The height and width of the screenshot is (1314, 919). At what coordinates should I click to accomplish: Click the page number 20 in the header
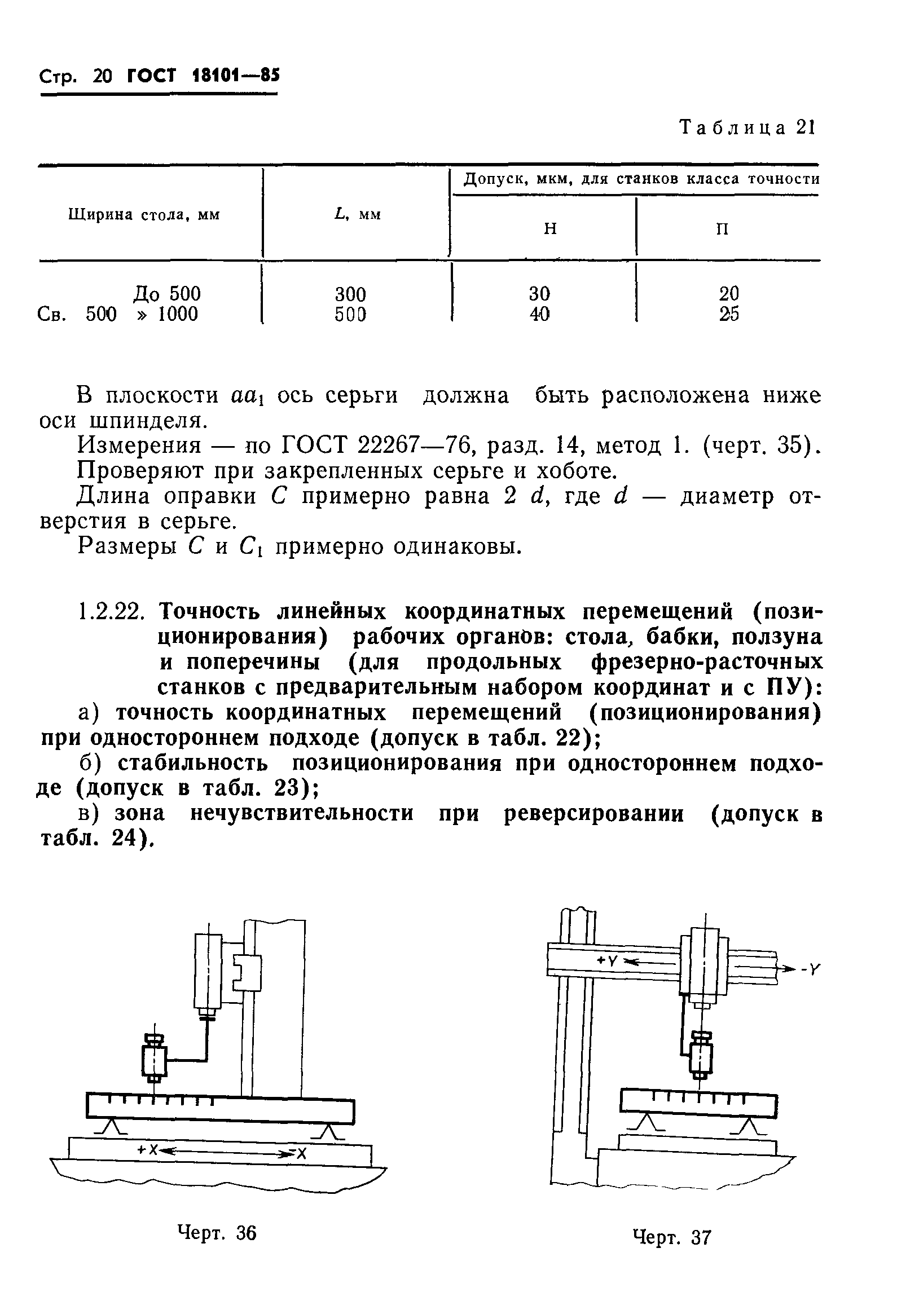103,76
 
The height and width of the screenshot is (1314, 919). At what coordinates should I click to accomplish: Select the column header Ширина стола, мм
144,215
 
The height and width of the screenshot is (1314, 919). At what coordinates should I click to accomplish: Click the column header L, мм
357,215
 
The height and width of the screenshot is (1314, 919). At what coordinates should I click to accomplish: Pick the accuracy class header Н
549,229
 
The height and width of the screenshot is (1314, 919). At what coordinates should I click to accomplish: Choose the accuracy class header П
723,229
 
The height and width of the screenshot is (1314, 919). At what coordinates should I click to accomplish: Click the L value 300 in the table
350,294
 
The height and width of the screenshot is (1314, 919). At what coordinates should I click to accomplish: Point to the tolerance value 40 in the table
539,314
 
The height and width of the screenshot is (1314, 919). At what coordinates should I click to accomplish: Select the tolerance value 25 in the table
729,314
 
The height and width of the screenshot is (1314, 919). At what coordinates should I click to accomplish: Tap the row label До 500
166,294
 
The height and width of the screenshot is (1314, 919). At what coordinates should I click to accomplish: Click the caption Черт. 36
217,1233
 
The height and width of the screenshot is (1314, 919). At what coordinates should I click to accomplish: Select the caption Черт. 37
671,1238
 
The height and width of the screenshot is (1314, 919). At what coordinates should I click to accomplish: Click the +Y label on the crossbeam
606,961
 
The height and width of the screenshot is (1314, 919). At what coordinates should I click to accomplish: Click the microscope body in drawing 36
154,1061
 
